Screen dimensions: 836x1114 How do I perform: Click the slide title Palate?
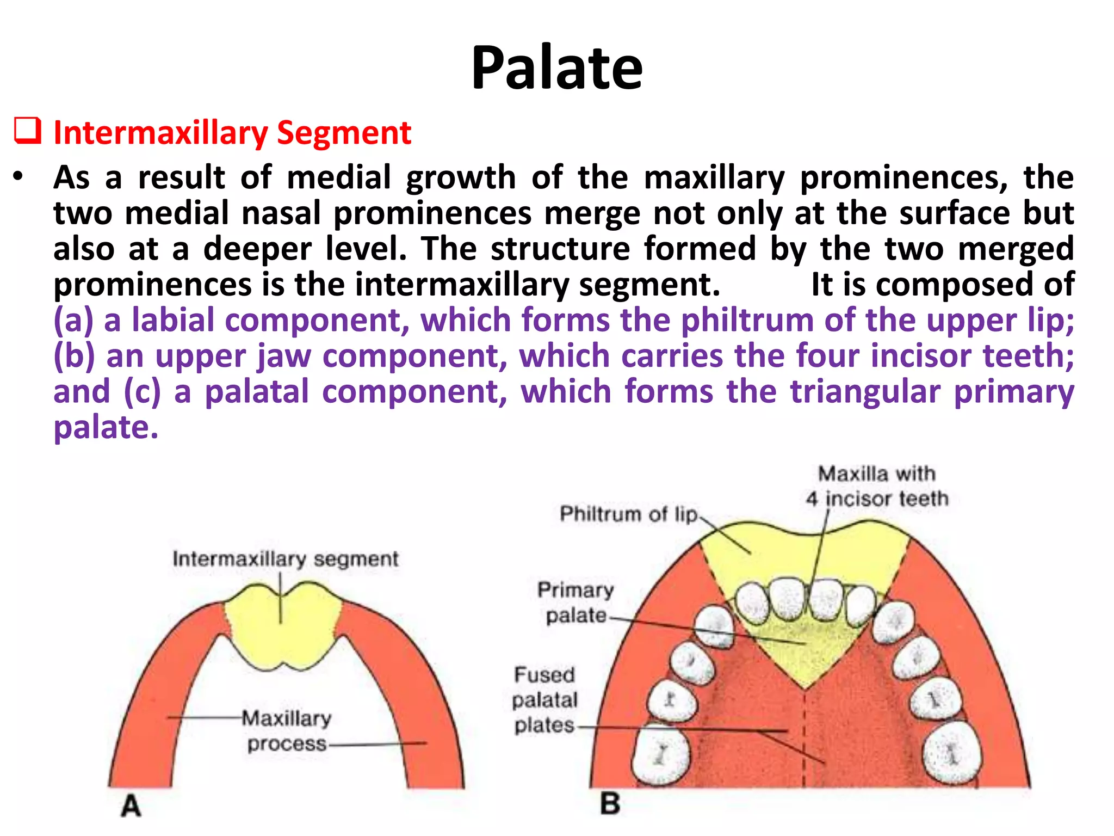tap(556, 68)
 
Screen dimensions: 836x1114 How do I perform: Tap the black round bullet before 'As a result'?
tap(19, 177)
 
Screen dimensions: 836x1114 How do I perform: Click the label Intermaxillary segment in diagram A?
tap(286, 559)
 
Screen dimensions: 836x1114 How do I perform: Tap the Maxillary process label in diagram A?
tap(286, 730)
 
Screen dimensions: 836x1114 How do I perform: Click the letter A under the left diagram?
tap(131, 806)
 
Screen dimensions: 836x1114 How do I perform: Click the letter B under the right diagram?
tap(610, 804)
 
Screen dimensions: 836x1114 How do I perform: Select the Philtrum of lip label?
tap(628, 514)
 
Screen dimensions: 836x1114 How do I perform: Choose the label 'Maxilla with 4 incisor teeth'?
tap(877, 486)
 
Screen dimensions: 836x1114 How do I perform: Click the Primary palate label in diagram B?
tap(575, 603)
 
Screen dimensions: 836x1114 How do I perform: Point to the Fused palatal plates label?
tap(544, 700)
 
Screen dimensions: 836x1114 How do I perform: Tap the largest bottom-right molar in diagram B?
tap(952, 754)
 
